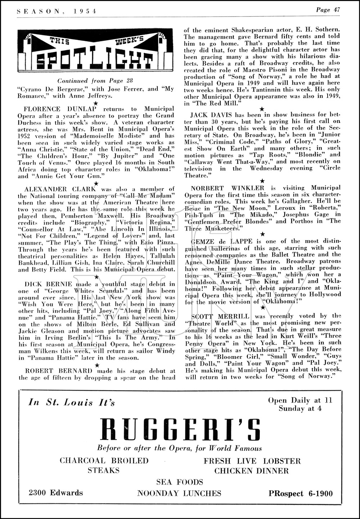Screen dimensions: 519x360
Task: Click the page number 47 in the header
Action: tap(337, 10)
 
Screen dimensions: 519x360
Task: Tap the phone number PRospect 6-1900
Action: tap(301, 494)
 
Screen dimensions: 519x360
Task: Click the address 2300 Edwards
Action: tap(56, 493)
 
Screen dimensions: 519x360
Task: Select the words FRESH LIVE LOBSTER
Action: tap(252, 461)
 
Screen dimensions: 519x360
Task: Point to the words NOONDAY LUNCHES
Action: tap(179, 493)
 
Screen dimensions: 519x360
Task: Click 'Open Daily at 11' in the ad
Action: tap(300, 400)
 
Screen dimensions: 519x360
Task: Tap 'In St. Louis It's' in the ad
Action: tap(71, 402)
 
